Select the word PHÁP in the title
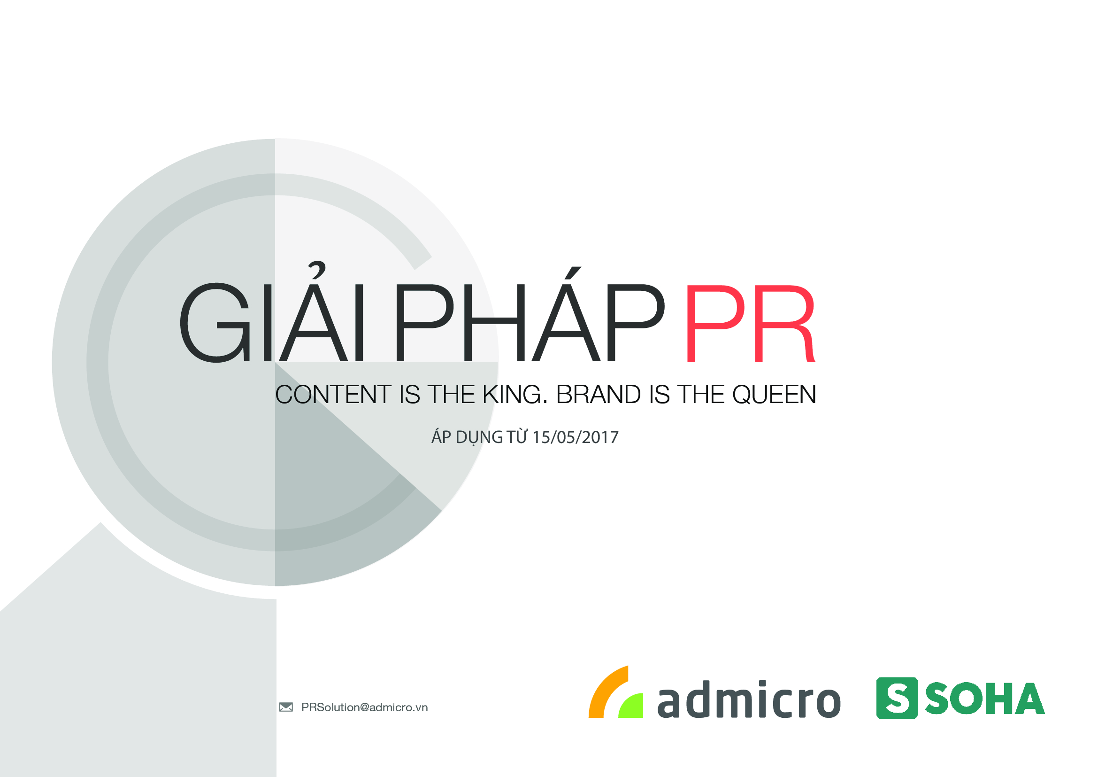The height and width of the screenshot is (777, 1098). pos(530,315)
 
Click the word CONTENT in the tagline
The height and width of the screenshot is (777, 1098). pos(333,394)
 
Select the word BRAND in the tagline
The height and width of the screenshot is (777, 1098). pos(598,394)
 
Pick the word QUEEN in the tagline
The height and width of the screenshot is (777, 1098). pos(774,395)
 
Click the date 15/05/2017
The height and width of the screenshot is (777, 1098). pos(576,437)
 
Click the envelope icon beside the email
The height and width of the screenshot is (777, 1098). pos(286,707)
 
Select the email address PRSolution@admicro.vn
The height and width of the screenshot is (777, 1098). pos(364,707)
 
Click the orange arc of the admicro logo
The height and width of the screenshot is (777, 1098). pos(604,689)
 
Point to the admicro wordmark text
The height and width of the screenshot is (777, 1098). pos(749,699)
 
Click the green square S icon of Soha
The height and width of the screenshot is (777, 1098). pos(897,698)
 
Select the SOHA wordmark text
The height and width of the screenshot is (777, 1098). pos(985,699)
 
